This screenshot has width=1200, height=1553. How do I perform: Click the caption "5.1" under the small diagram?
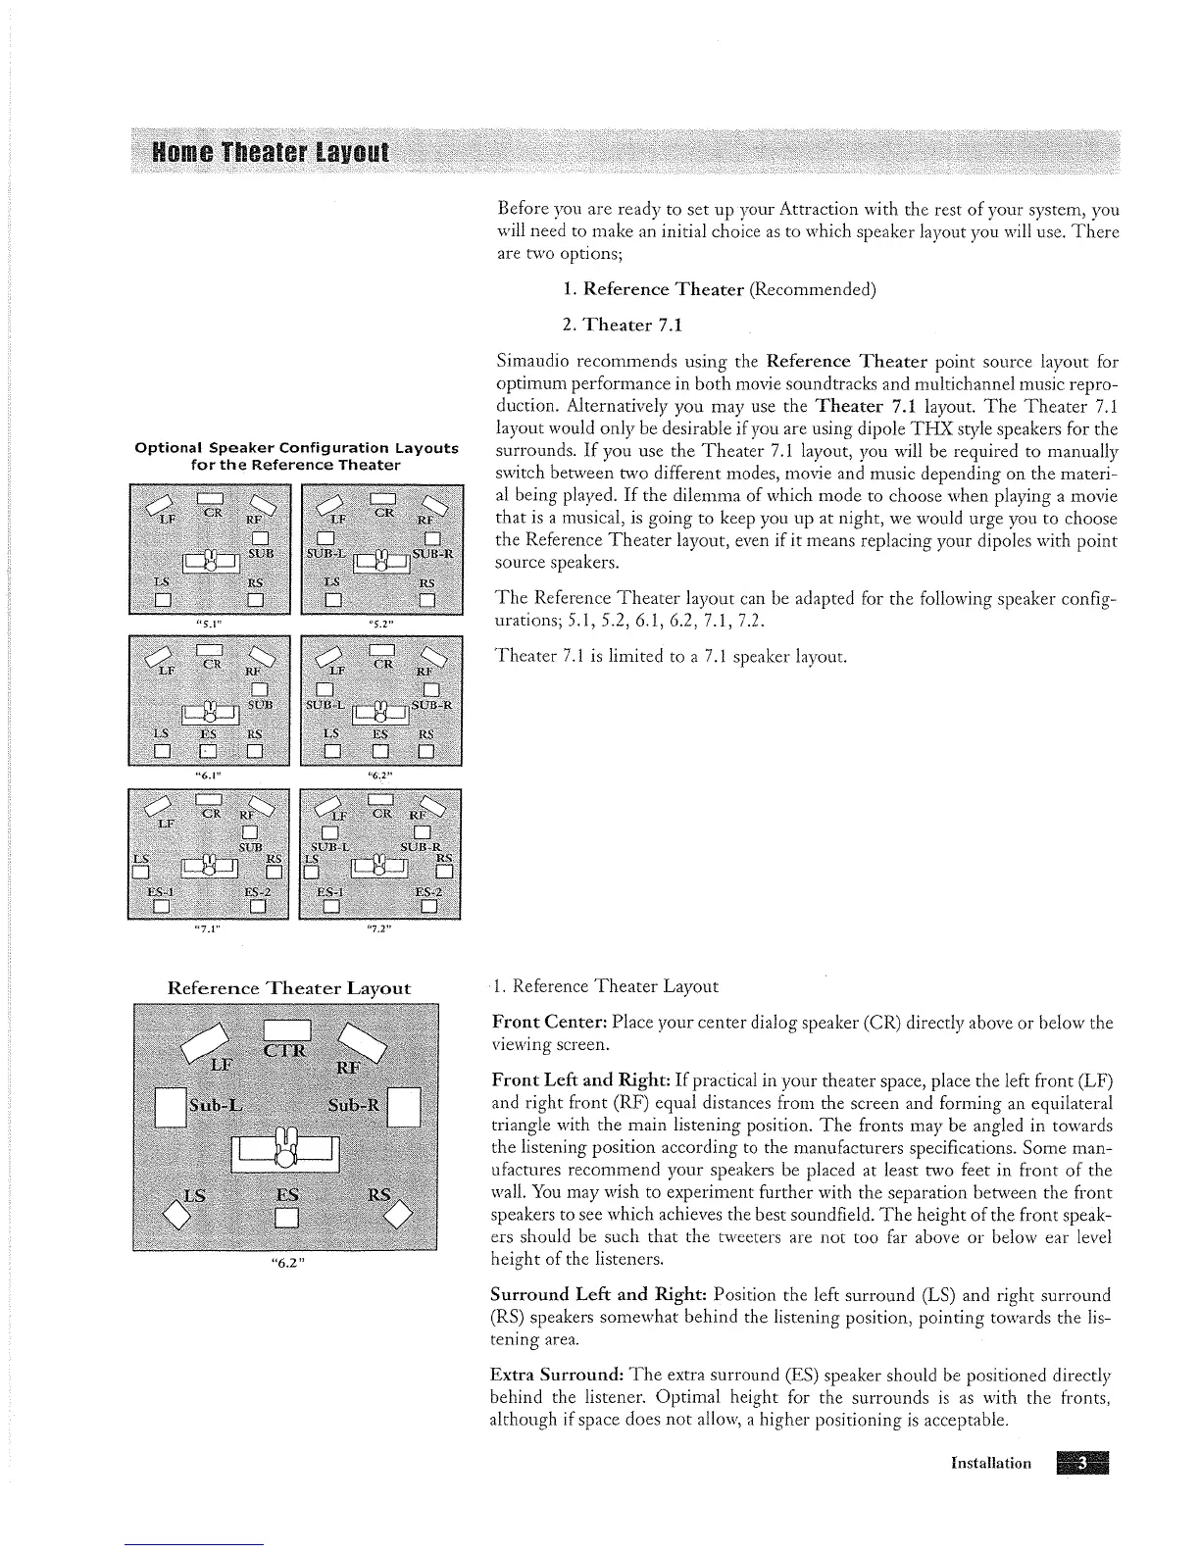coord(207,621)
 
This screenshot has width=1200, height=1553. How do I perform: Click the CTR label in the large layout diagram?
coord(285,1053)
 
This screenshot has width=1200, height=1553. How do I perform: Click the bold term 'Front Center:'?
coord(538,1024)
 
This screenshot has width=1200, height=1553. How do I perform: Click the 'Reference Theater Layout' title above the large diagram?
coord(289,987)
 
